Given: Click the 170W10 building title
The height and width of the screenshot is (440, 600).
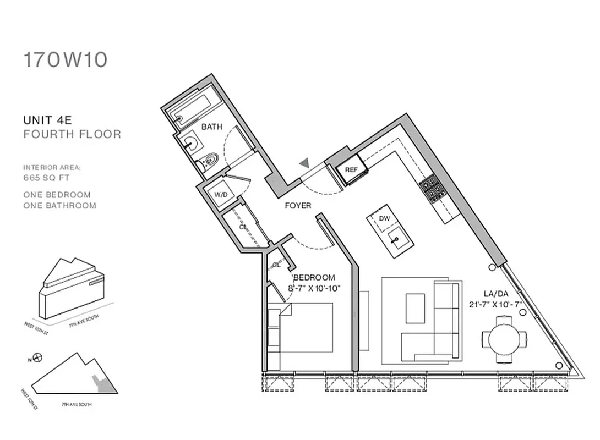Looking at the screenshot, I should click(x=65, y=60).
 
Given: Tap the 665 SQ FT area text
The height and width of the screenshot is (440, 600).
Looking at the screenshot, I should click(x=47, y=178).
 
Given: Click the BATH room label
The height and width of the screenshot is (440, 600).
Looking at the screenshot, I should click(x=212, y=127).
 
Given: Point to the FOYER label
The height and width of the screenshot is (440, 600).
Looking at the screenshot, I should click(x=297, y=206).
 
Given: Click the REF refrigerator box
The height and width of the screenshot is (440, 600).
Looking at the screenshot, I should click(x=351, y=170).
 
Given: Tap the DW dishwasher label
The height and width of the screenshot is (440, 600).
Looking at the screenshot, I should click(x=384, y=219).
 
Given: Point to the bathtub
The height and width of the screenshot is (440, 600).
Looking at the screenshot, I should click(x=194, y=109).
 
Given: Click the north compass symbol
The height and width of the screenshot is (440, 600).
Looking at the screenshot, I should click(x=37, y=358).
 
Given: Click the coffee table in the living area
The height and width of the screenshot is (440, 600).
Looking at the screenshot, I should click(x=415, y=308).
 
